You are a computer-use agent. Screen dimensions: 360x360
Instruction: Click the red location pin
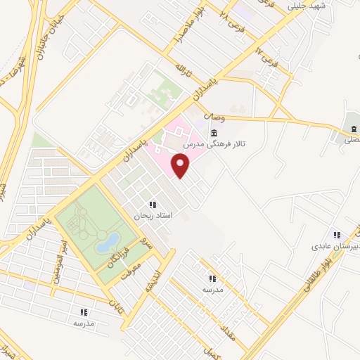coord(181,165)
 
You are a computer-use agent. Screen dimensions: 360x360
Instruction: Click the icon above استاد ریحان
coord(152,205)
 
